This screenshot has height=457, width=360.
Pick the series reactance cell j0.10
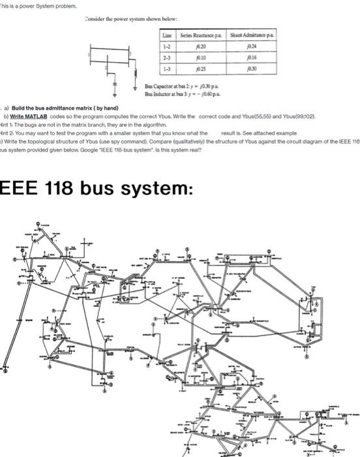tap(207, 57)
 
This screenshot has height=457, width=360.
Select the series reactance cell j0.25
tap(207, 68)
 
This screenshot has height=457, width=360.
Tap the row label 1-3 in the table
tap(166, 68)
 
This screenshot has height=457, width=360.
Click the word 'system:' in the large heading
tap(160, 188)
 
